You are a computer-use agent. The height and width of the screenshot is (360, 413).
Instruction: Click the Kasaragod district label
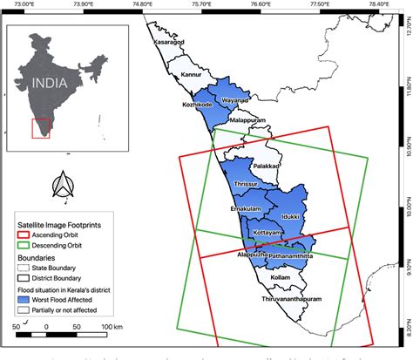tap(170, 42)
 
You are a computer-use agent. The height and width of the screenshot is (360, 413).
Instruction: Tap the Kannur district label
tap(193, 75)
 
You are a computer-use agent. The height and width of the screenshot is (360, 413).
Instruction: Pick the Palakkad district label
tap(266, 165)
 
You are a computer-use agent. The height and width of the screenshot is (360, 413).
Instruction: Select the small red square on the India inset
tap(40, 128)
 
